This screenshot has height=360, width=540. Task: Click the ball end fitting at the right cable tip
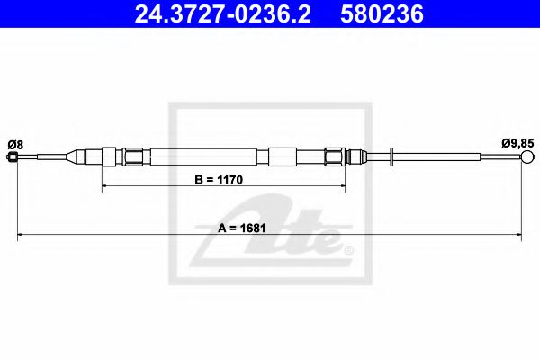(528, 158)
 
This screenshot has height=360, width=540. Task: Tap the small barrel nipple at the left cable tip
(13, 158)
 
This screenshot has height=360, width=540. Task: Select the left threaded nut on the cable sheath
(133, 157)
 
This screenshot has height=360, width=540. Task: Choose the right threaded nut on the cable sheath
(334, 157)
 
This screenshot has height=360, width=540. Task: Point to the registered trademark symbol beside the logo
(350, 249)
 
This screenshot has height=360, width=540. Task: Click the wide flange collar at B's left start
(108, 157)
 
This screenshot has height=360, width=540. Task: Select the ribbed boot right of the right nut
(355, 157)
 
